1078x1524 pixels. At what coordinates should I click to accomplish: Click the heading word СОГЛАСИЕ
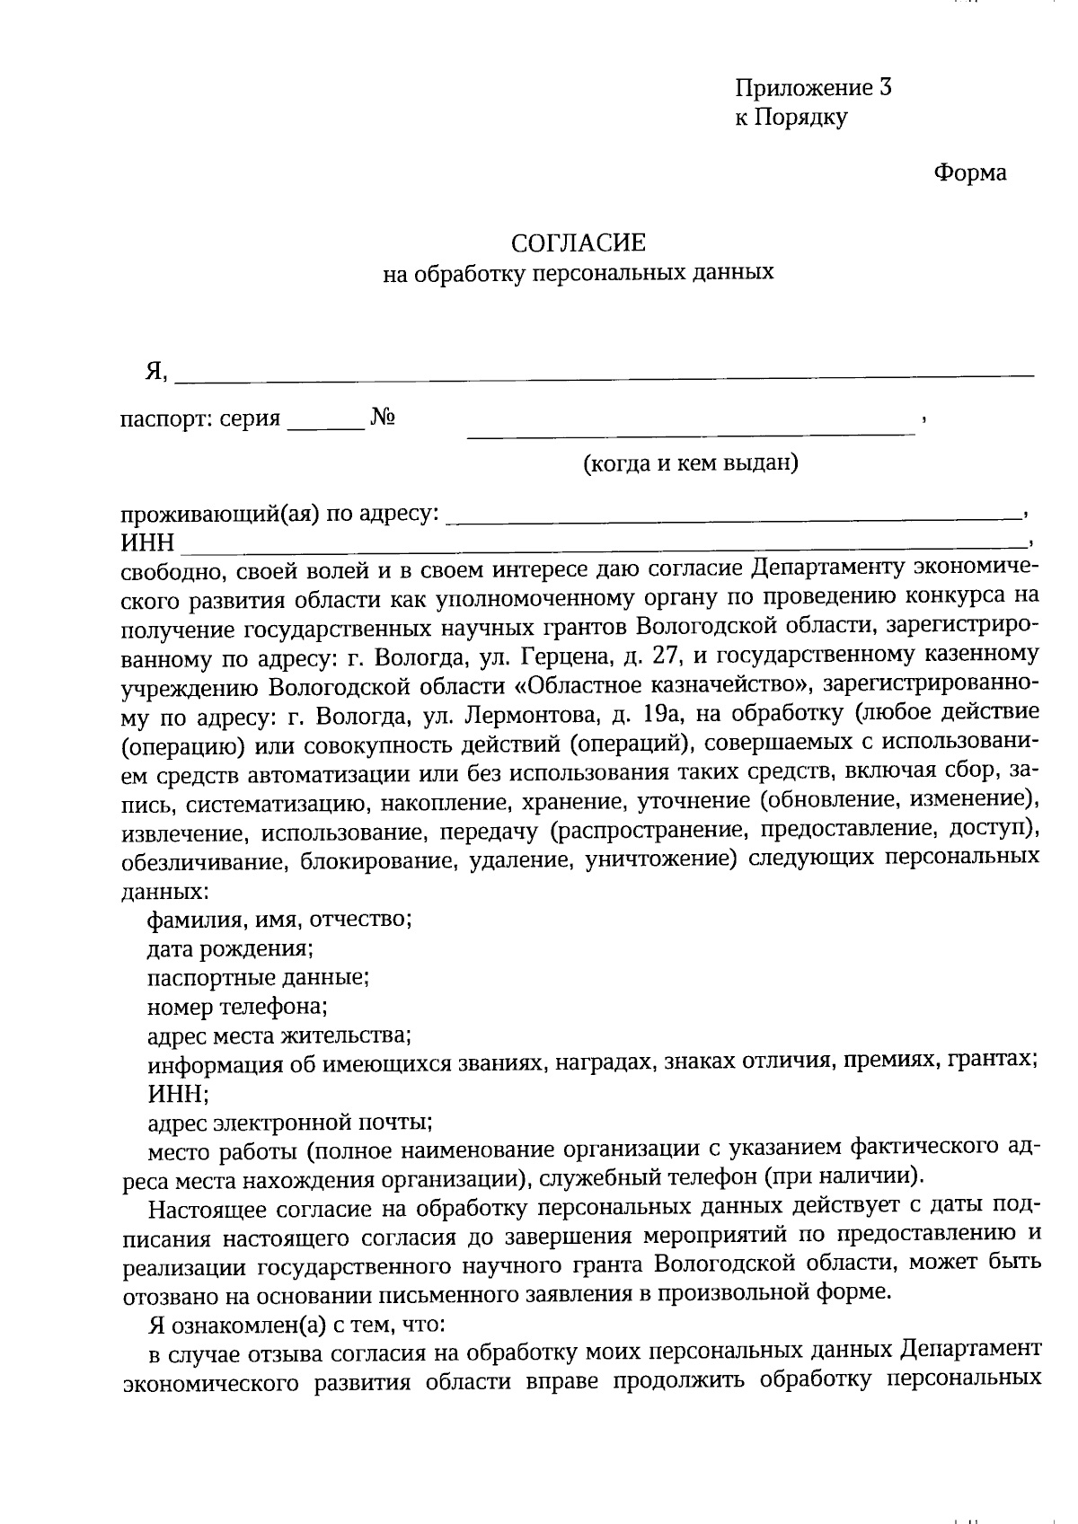click(x=578, y=242)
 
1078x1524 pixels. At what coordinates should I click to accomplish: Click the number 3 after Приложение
click(x=886, y=88)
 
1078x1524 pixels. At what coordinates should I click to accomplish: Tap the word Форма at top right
click(x=970, y=172)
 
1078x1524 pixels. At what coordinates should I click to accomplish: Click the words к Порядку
click(x=791, y=117)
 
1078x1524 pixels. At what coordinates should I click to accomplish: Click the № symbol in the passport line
click(x=384, y=418)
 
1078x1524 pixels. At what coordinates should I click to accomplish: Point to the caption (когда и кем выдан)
click(x=691, y=463)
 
